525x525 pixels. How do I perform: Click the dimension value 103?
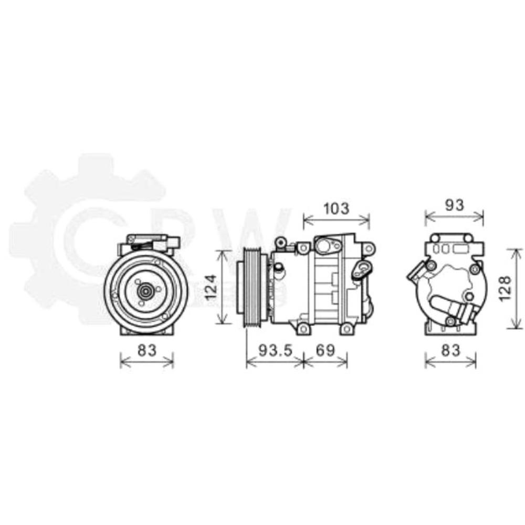tap(336, 208)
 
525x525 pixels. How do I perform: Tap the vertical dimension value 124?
tap(211, 287)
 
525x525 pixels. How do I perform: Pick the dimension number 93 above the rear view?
tap(454, 205)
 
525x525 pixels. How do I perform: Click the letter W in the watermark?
tap(265, 231)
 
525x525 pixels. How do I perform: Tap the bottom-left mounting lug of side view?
tap(302, 328)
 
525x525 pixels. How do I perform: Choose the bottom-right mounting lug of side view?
tap(346, 329)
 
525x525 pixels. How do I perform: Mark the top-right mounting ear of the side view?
tap(369, 247)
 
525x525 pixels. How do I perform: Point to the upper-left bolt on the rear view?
tap(432, 266)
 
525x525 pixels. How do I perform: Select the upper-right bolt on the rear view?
tap(475, 269)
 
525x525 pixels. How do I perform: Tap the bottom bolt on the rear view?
tap(449, 321)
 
